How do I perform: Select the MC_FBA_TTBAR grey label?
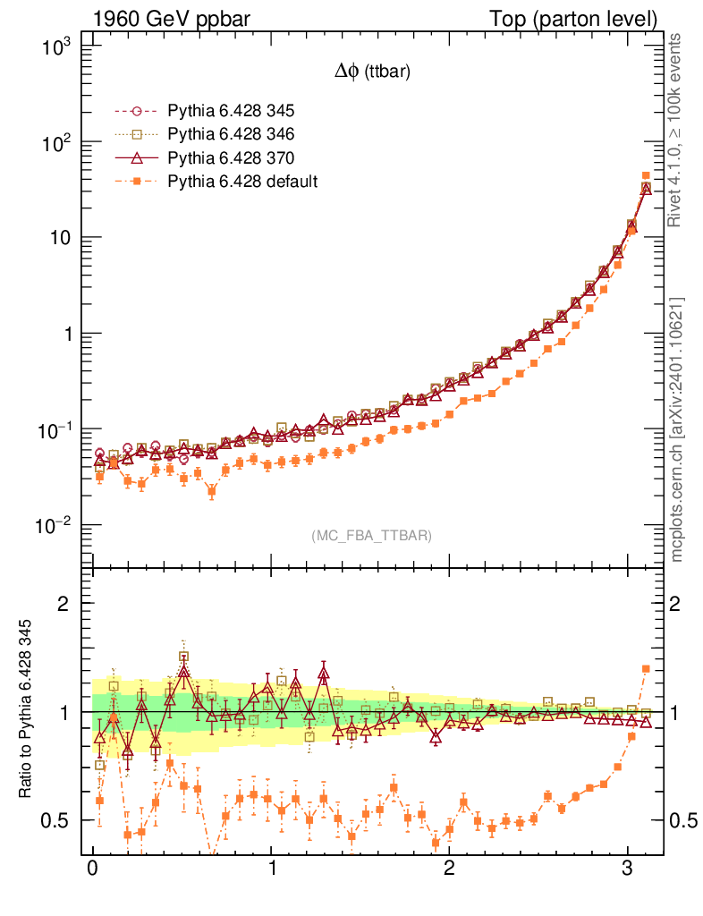coord(372,535)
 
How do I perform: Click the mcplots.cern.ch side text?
coord(677,429)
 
